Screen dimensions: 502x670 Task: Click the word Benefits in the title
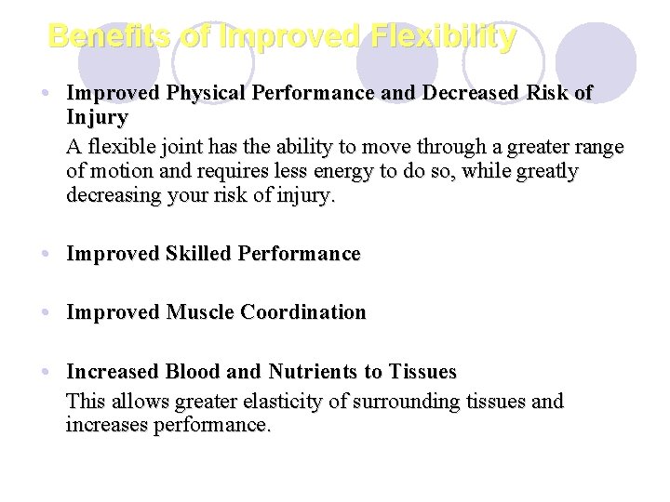coord(107,36)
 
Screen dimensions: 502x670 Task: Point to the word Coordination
coord(304,312)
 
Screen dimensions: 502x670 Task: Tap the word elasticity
coord(263,402)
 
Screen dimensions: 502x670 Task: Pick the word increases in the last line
coord(104,427)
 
